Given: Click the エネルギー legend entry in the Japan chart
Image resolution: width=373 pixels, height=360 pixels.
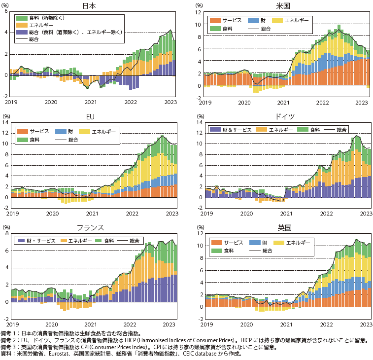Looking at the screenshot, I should tap(41, 25).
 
